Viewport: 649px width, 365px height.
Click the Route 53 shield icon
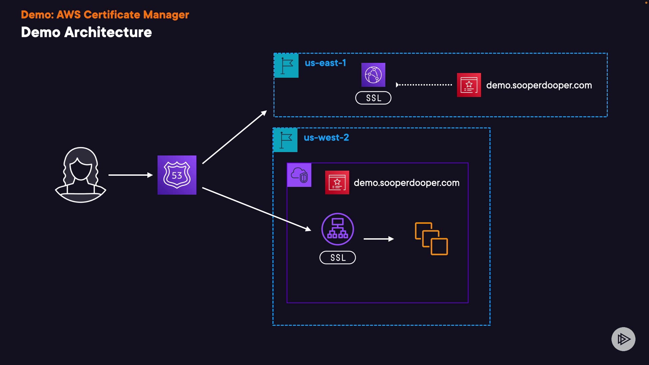tap(177, 175)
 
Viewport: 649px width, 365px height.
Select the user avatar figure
tap(80, 175)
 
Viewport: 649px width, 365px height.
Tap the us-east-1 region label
tap(325, 63)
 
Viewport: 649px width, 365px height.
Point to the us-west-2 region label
tap(326, 138)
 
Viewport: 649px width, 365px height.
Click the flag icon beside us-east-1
tap(286, 66)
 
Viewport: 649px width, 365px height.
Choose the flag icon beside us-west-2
tap(285, 140)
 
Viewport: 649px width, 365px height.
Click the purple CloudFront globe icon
tap(373, 75)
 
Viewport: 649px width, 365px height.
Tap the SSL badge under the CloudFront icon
tap(373, 98)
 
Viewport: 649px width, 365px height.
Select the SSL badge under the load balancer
tap(337, 258)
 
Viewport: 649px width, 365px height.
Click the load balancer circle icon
tap(337, 229)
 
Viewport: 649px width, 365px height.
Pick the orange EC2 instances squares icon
tap(431, 239)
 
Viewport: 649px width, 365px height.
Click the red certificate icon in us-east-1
tap(469, 85)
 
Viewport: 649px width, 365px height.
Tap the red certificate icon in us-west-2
tap(337, 182)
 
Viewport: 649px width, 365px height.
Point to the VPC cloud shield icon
tap(299, 175)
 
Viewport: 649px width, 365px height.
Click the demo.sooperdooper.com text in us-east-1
tap(539, 85)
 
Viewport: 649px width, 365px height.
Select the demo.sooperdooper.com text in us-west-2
tap(406, 183)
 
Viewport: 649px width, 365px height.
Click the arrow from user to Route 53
tap(130, 175)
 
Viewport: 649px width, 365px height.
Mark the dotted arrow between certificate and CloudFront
tap(424, 85)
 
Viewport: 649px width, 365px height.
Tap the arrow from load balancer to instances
tap(379, 239)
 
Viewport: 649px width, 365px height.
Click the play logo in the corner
tap(623, 339)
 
